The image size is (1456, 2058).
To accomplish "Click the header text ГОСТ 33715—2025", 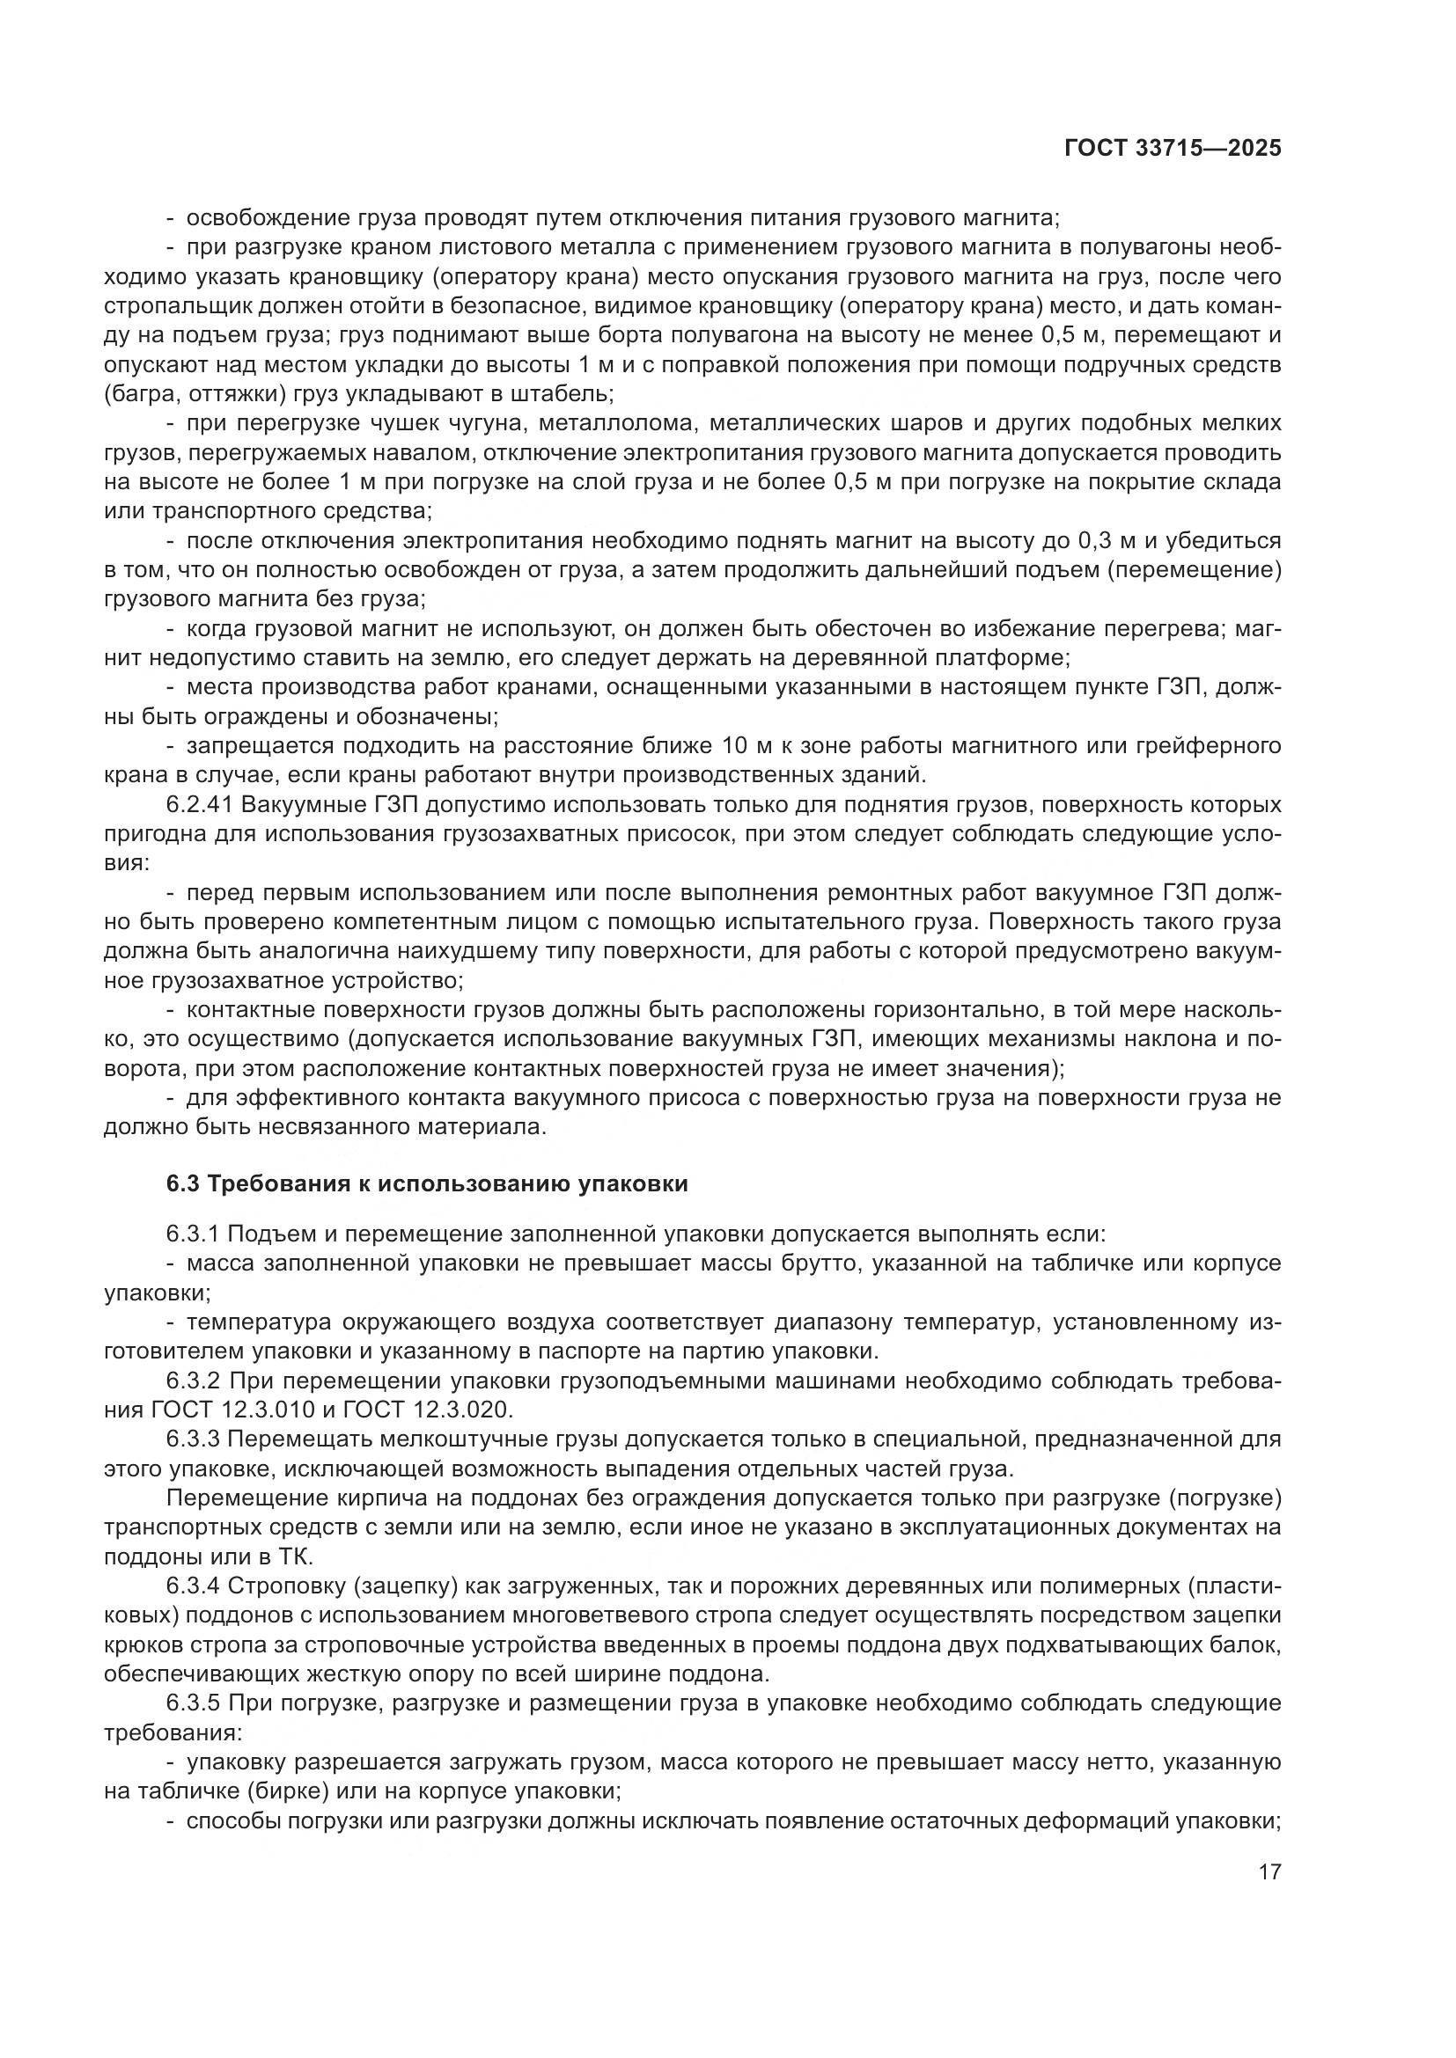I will (x=1173, y=149).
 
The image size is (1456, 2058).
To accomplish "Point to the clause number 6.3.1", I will (x=193, y=1234).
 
